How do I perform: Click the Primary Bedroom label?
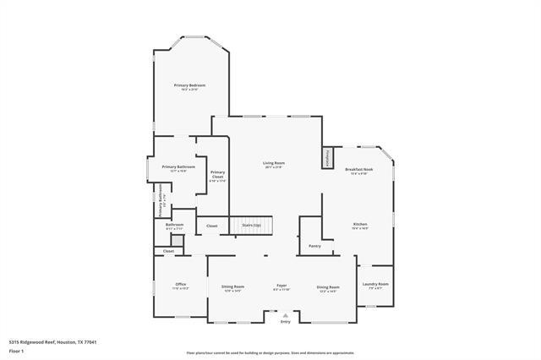[190, 86]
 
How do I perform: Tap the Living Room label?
[273, 164]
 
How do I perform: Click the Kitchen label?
[360, 225]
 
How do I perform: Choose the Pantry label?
[314, 246]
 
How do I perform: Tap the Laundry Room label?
[377, 285]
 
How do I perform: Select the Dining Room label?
[328, 287]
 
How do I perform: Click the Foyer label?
[281, 287]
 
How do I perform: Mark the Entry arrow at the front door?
[285, 318]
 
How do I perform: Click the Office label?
[180, 285]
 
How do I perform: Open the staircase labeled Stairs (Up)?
[252, 226]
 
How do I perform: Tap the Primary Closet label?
[217, 175]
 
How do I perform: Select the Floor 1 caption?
[15, 350]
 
